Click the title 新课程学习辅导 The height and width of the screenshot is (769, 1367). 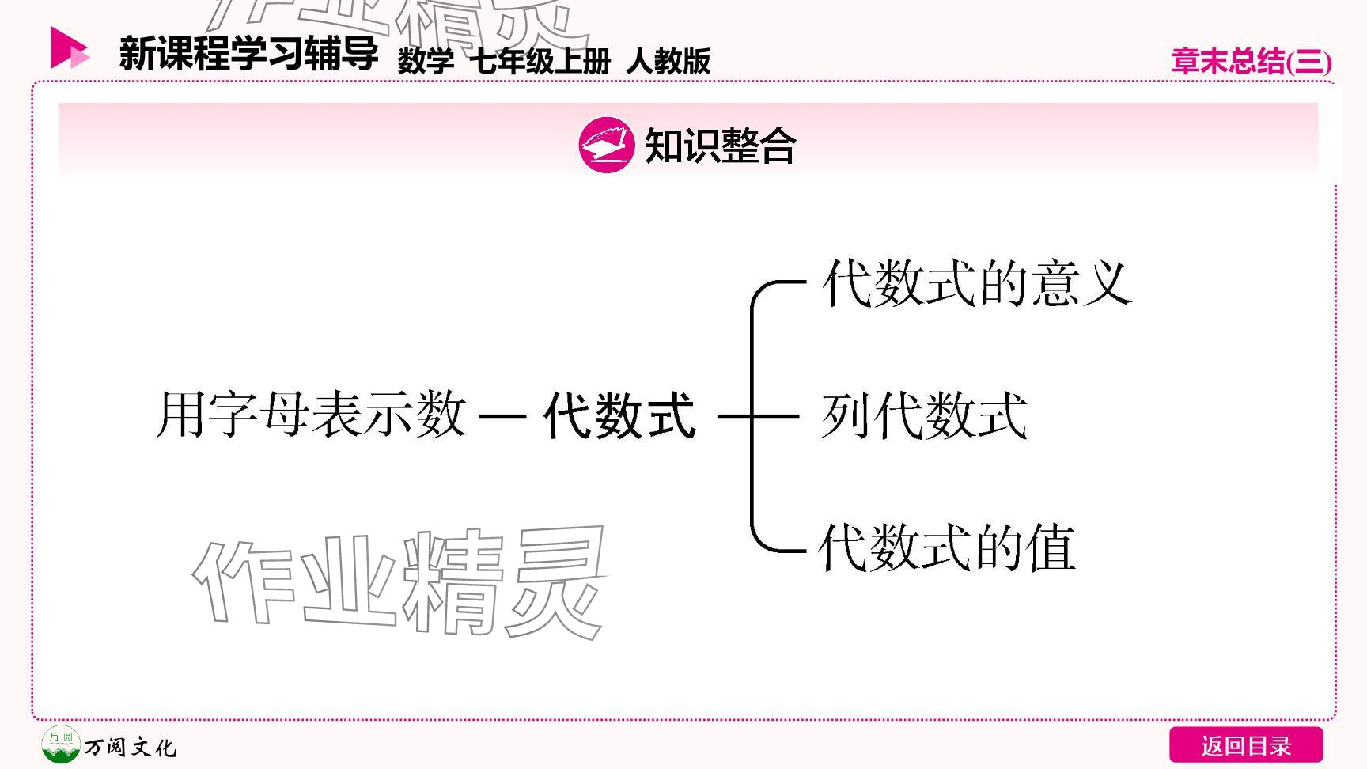[x=248, y=54]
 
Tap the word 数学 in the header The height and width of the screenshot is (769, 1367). [x=426, y=61]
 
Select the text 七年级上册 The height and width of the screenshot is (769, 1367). [x=540, y=61]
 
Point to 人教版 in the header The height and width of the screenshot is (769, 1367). [x=668, y=61]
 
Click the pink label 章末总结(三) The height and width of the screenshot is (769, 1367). [x=1251, y=62]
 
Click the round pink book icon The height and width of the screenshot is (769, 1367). [x=606, y=145]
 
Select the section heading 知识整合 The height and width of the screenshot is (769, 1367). [x=720, y=146]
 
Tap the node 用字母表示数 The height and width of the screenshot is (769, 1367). [x=311, y=415]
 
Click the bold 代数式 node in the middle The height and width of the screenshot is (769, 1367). [x=619, y=415]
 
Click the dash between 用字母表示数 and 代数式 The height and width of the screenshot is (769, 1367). [x=503, y=415]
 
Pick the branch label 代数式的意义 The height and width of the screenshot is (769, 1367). [x=976, y=283]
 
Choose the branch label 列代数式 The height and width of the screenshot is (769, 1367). [x=924, y=415]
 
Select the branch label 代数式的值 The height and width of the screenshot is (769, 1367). [x=947, y=547]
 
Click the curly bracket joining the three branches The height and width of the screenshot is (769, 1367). [x=754, y=415]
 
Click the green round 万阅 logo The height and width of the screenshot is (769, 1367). [x=60, y=744]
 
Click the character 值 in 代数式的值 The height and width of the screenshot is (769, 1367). [x=1050, y=547]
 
